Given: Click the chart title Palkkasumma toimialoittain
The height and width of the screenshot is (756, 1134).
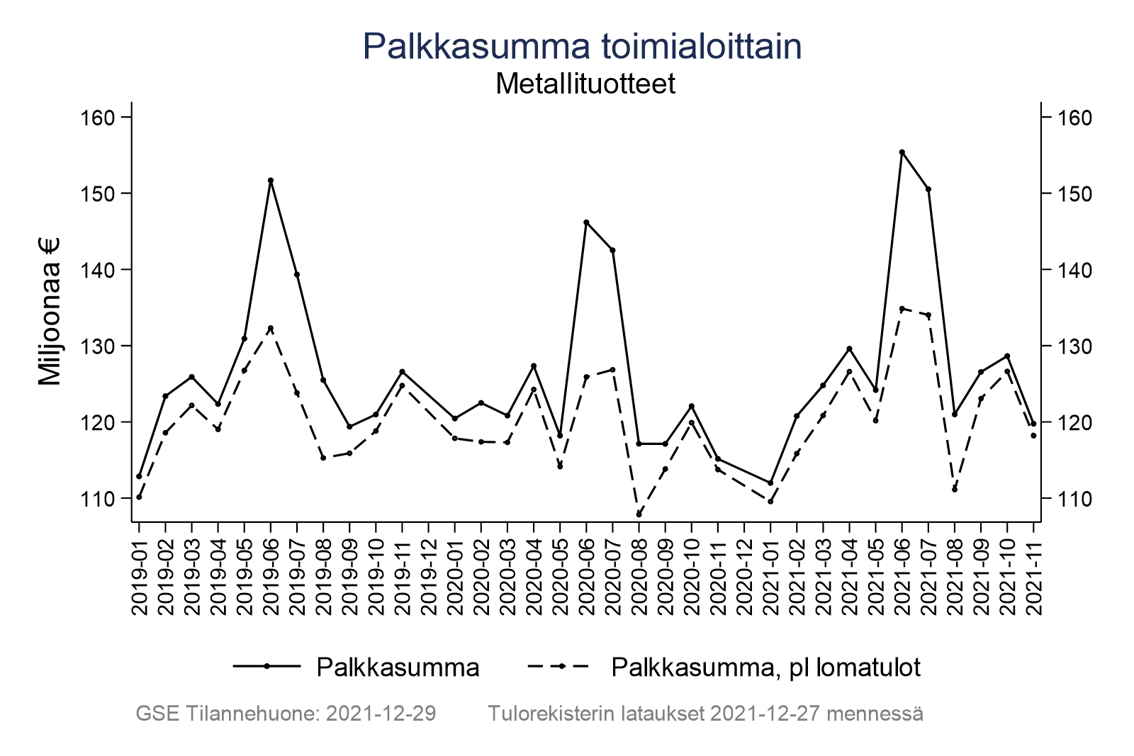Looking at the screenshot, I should coord(582,47).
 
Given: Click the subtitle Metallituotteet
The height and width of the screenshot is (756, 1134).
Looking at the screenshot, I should coord(585,84).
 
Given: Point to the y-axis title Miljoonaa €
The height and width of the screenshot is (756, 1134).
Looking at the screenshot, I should coord(50,312).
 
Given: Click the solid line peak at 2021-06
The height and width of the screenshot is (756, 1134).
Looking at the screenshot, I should coord(902,152).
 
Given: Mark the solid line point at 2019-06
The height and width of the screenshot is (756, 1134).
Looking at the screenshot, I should coord(271,180).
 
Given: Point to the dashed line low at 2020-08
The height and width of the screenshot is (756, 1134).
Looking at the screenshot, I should coord(639,514).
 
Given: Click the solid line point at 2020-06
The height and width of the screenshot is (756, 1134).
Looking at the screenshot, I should coord(586,222).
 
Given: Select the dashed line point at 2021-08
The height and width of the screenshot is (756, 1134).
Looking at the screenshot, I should coord(955,490).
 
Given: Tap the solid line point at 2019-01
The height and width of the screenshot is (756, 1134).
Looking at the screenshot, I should coord(139,476).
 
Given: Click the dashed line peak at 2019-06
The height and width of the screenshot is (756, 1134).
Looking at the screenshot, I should coord(271,328).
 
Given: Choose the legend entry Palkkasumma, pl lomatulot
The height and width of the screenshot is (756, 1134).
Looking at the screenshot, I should coord(765,667).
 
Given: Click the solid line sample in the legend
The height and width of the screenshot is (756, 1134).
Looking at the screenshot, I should coord(267,666).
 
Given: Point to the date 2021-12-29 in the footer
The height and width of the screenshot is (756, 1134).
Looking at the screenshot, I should coord(380,713).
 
